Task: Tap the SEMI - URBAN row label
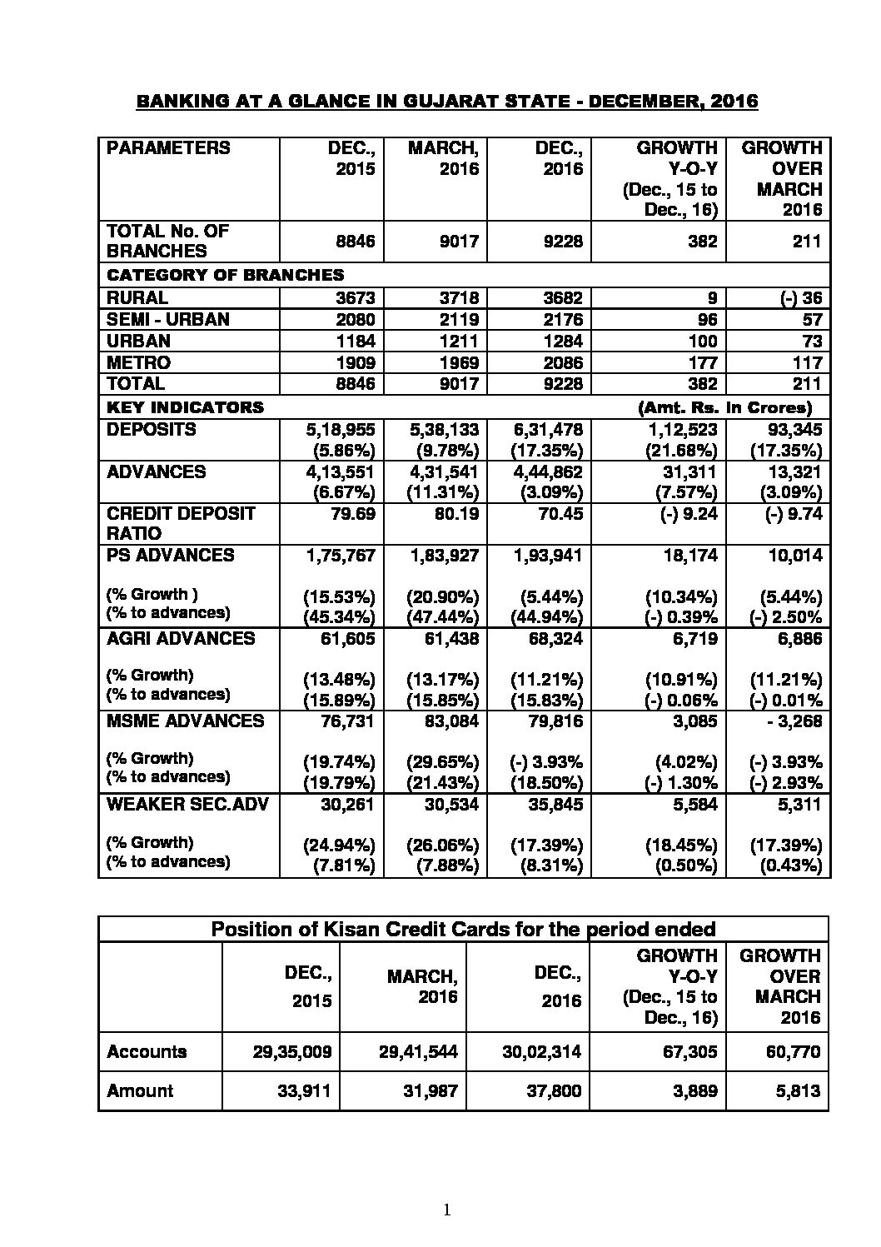[x=168, y=319]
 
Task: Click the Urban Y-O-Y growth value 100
[x=701, y=341]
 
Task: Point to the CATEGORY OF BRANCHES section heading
[x=226, y=275]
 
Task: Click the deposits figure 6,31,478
[x=547, y=430]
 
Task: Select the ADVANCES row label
[x=157, y=471]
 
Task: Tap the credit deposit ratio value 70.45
[x=560, y=513]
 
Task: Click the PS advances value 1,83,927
[x=443, y=555]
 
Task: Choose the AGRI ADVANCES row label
[x=181, y=638]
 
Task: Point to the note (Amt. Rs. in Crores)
[x=724, y=407]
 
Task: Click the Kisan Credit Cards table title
[x=463, y=929]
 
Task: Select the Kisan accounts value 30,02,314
[x=541, y=1052]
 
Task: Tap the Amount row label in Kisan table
[x=140, y=1090]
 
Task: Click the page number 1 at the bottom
[x=447, y=1210]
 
